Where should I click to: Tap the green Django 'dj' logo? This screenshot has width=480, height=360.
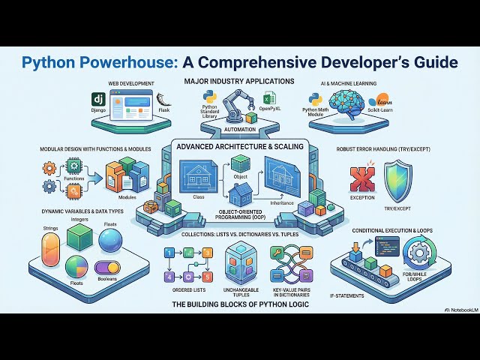pos(97,100)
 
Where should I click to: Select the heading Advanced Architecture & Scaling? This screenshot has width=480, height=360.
pos(240,147)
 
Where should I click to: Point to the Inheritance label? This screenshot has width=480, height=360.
pos(282,202)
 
